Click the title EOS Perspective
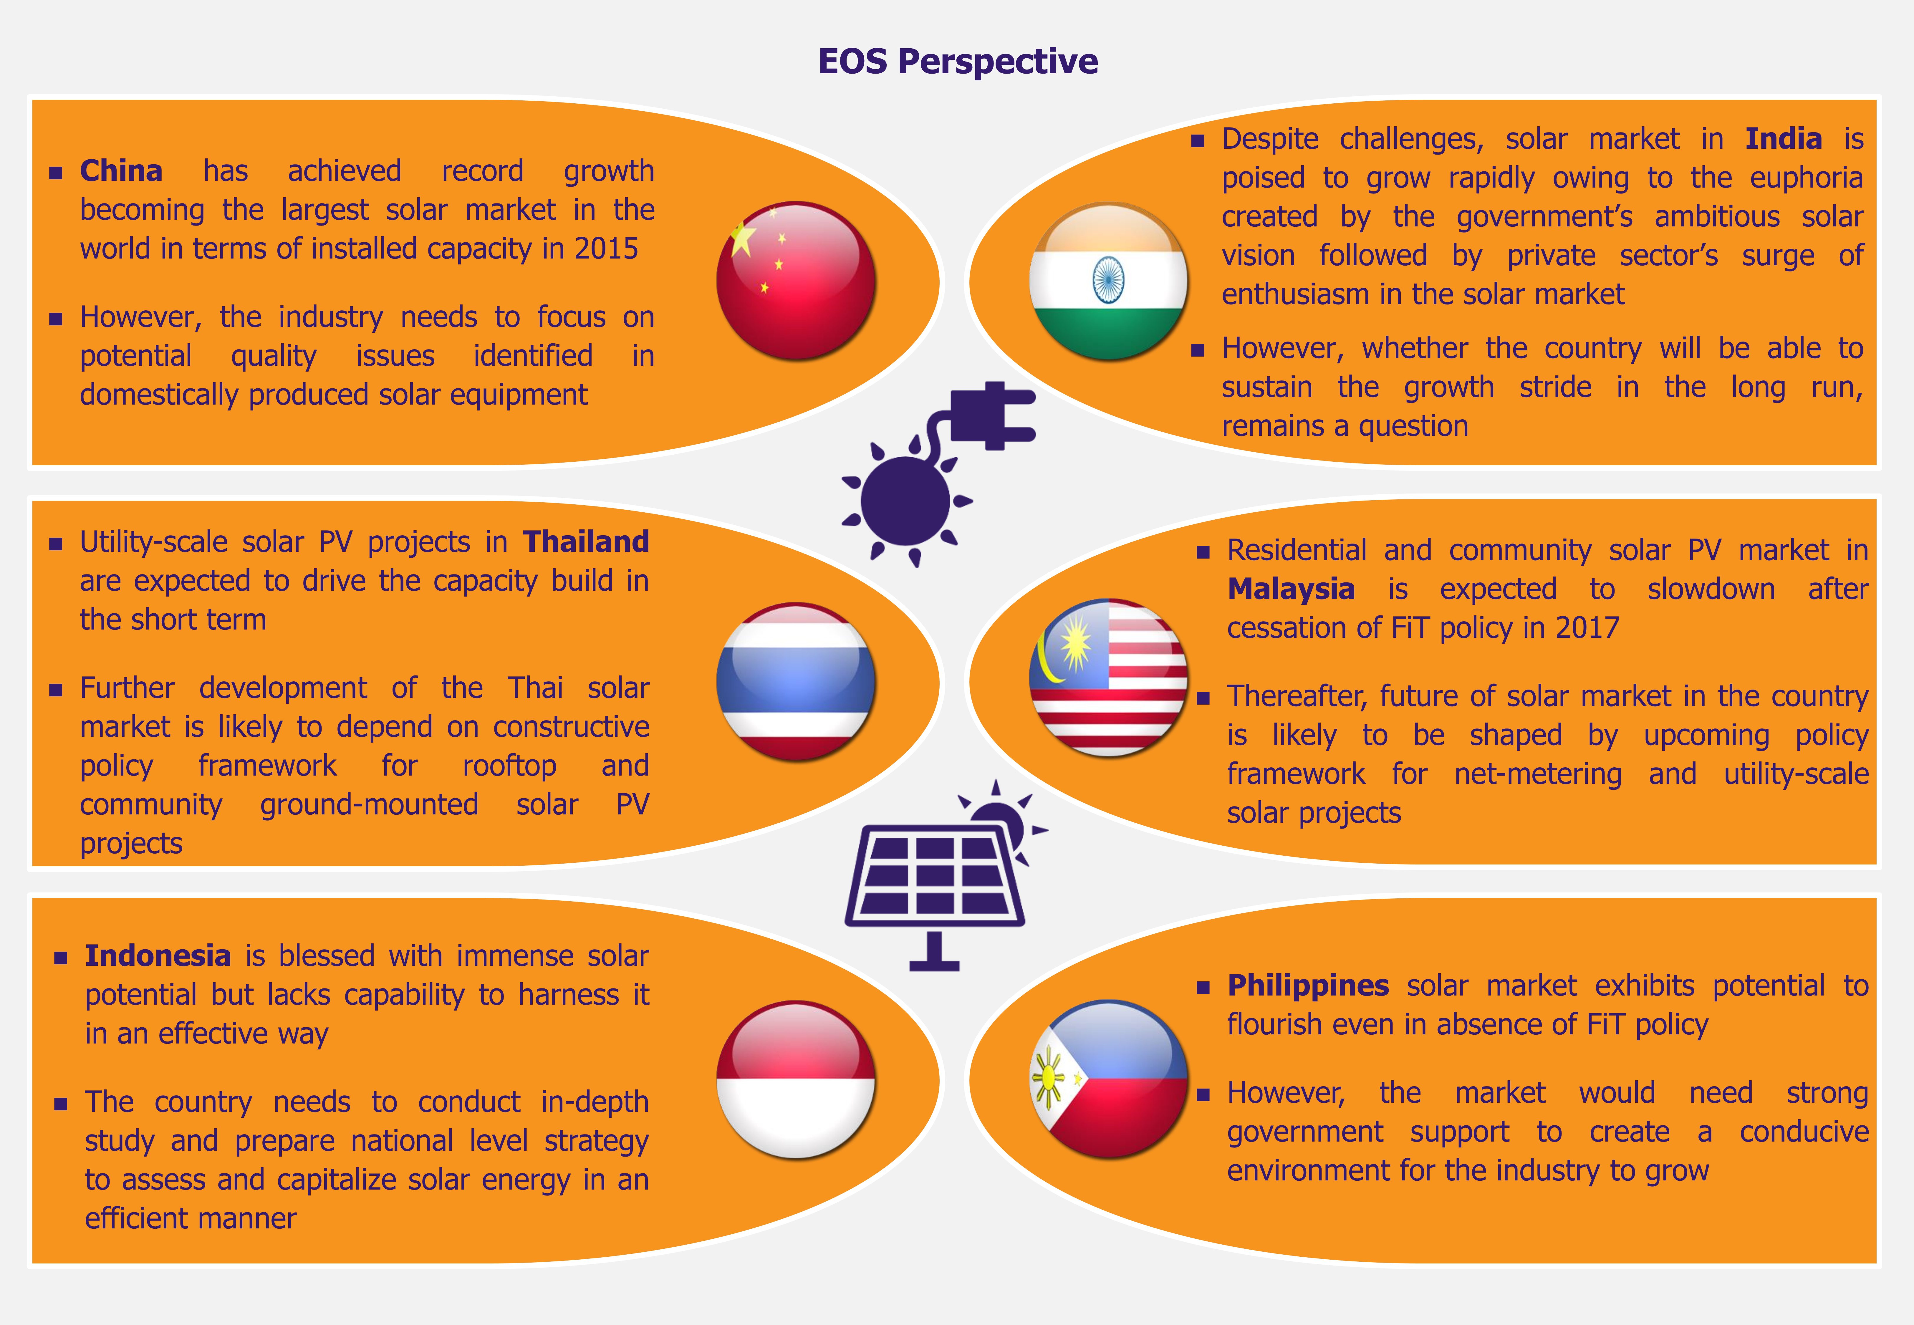(x=958, y=62)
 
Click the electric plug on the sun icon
(x=992, y=415)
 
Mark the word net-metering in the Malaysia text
(x=1538, y=774)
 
